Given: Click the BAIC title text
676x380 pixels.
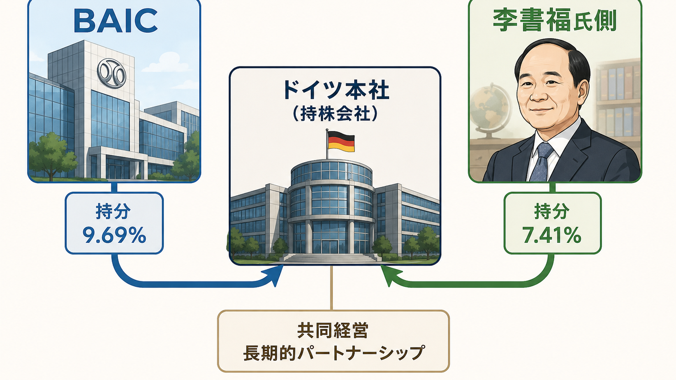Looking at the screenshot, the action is point(115,21).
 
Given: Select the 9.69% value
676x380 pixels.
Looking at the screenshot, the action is point(114,235).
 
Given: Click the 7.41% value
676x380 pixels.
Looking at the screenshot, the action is point(552,235).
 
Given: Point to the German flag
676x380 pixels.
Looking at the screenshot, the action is point(340,141).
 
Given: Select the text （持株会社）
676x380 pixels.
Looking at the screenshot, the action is point(335,114).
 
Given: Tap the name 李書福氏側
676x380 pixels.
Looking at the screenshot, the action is point(555,20).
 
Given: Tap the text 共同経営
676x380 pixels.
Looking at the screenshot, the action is point(333,331).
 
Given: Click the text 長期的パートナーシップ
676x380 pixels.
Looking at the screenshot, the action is point(334,353).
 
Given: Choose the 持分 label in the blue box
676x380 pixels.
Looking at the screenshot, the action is point(113,211).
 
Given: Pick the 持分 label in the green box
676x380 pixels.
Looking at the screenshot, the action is point(552,211).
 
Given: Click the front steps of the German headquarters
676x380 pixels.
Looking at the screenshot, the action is point(330,258).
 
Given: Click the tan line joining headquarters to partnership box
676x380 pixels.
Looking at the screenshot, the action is point(331,288).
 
